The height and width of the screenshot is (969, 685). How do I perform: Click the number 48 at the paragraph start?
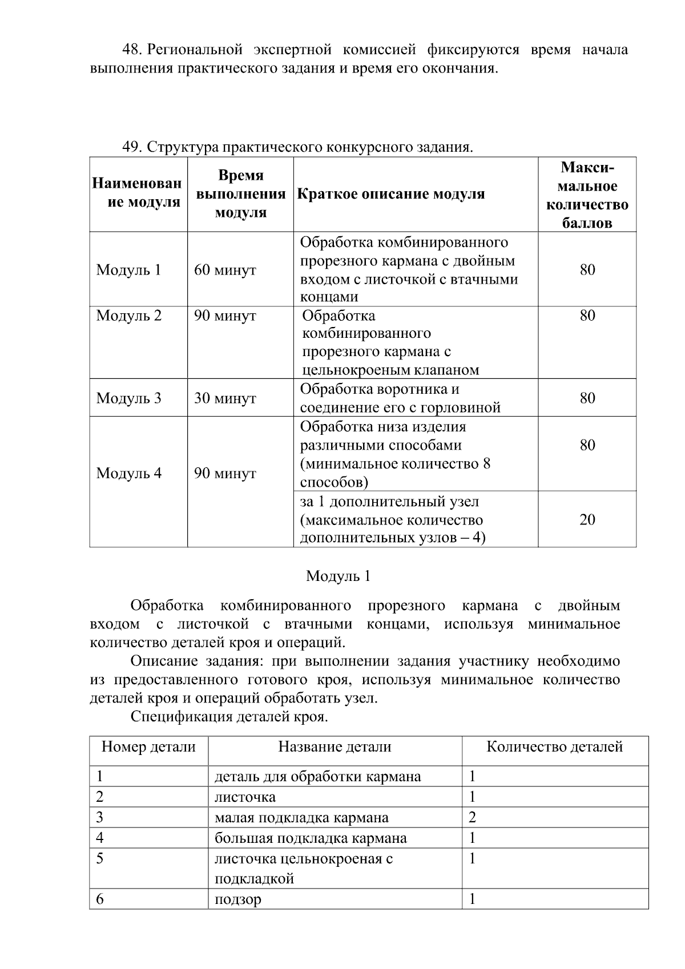coord(132,50)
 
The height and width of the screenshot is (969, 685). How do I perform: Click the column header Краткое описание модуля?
coord(391,194)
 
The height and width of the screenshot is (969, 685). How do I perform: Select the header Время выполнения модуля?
coord(240,194)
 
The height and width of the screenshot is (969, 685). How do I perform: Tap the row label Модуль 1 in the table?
coord(128,270)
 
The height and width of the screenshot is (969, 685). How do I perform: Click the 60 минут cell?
coord(225,270)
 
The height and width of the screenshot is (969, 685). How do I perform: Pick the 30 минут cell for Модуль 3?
coord(225,398)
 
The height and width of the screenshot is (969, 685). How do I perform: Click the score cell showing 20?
coord(587,519)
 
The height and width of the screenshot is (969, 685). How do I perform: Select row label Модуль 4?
coord(128,473)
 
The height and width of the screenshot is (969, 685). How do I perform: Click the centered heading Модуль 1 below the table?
coord(338,576)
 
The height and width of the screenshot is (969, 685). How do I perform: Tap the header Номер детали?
coord(148,746)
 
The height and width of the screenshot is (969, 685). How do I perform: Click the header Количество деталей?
coord(554,746)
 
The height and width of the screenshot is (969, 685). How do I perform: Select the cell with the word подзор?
coord(238,899)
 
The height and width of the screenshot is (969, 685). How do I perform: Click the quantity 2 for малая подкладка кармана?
coord(472,817)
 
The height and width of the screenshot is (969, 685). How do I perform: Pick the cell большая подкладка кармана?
coord(311,838)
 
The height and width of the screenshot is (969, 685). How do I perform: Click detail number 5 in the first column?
coord(100,858)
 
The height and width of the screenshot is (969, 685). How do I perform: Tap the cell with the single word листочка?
coord(245,797)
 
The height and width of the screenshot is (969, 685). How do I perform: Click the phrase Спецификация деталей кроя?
coord(229,716)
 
